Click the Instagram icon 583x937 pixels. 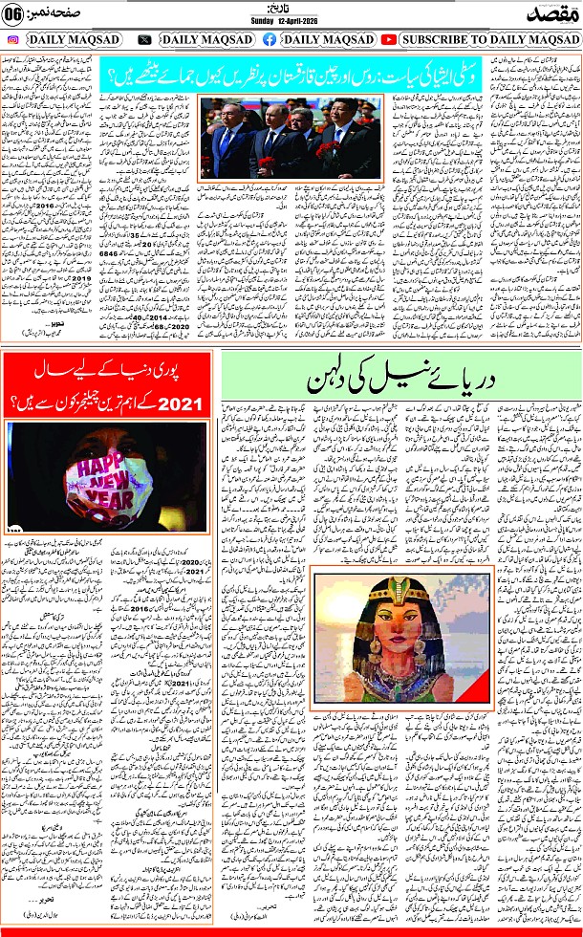[x=11, y=39]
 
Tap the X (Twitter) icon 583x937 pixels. [x=144, y=39]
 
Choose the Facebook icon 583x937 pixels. [x=269, y=39]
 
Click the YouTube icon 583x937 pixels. [x=388, y=39]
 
